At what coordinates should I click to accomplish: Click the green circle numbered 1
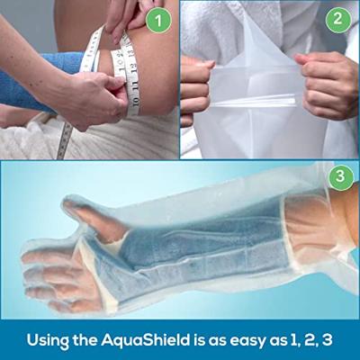(157, 20)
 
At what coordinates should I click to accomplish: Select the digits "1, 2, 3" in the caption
(297, 340)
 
